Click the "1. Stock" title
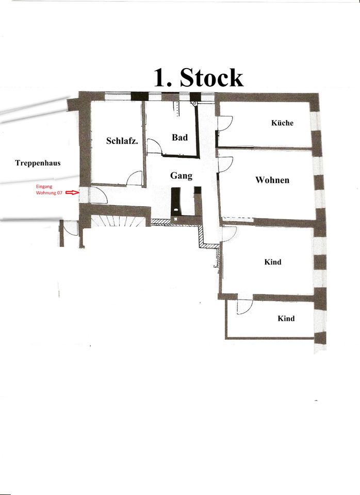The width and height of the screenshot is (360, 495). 198,77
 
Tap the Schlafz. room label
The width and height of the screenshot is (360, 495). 122,141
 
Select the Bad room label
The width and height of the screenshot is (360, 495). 179,138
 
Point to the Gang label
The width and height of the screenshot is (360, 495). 181,176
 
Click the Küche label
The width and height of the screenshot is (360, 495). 282,123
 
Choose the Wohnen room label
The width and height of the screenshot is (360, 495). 272,180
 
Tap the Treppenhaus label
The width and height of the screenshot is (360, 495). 38,163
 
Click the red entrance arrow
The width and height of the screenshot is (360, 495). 72,192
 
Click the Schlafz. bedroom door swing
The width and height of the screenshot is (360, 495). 135,178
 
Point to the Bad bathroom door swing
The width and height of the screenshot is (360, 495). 154,146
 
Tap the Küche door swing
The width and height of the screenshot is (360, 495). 224,123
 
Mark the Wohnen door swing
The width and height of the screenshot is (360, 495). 224,164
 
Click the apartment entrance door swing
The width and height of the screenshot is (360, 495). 98,195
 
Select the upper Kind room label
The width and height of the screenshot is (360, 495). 272,262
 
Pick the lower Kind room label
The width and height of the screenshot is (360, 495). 286,319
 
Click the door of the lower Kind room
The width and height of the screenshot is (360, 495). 243,307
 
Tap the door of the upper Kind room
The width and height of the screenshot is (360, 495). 227,234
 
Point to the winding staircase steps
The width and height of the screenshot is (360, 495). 118,221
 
